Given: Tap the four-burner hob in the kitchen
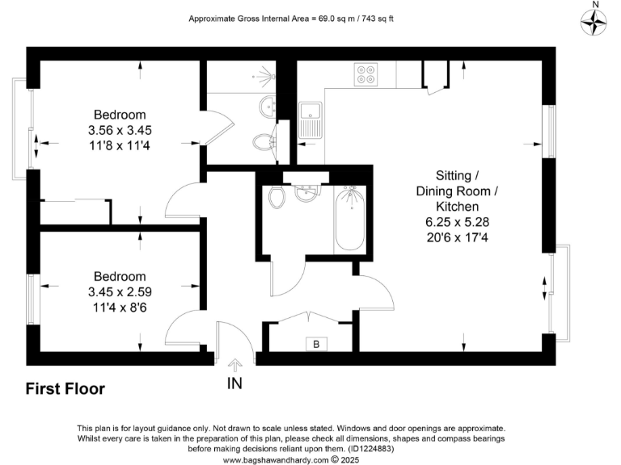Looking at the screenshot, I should (x=365, y=74).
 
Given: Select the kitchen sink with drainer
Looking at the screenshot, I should (x=310, y=119).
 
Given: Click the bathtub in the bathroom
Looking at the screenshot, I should (x=350, y=217).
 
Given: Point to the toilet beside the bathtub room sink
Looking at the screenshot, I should (x=277, y=196).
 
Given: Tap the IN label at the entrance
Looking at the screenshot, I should (x=234, y=384).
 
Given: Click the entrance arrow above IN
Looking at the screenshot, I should (x=234, y=365).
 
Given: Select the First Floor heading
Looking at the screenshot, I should (x=65, y=389).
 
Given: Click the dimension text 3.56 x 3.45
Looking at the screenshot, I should (x=120, y=129).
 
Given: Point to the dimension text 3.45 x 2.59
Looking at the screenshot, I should (x=120, y=291).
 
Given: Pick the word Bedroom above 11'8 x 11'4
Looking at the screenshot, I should (x=120, y=114).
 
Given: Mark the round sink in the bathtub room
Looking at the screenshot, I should (x=305, y=194).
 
